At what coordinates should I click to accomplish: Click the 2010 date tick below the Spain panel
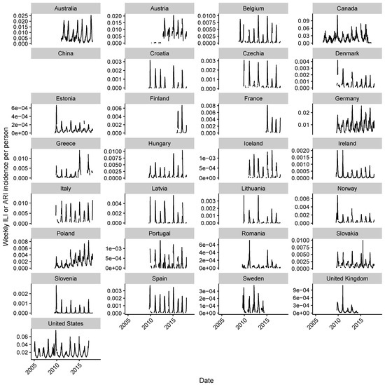148,322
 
